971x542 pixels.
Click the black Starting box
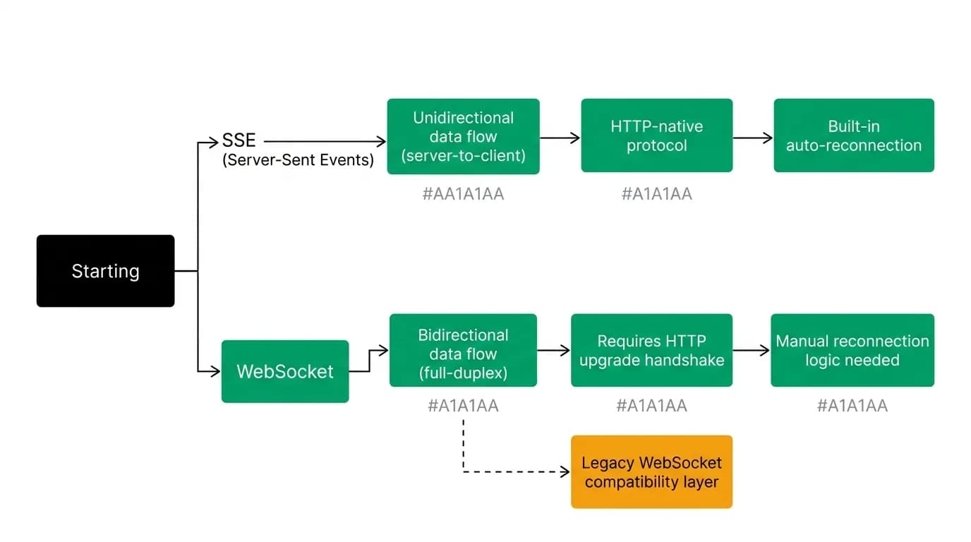click(105, 271)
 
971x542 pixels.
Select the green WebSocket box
click(285, 372)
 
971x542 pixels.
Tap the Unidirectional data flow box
click(464, 137)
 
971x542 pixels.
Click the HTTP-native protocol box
click(657, 135)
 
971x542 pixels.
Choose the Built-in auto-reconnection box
click(854, 135)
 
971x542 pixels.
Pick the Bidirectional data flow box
click(463, 350)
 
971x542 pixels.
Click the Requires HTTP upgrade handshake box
click(651, 350)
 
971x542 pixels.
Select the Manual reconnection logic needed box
click(852, 350)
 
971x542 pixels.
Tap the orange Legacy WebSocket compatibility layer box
click(651, 471)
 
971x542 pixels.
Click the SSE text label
click(239, 140)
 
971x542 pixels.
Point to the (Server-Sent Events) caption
click(298, 160)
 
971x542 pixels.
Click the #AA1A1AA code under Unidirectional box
click(464, 194)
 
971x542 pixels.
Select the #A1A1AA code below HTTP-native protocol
click(657, 194)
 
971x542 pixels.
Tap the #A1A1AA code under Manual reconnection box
click(852, 406)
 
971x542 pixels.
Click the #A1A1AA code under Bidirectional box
click(463, 406)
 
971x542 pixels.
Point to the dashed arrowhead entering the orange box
click(565, 471)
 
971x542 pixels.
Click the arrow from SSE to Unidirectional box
click(325, 141)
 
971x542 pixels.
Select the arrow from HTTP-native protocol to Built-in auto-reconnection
click(752, 138)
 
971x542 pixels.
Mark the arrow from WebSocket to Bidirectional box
click(369, 360)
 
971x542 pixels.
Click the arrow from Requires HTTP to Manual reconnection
click(752, 350)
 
